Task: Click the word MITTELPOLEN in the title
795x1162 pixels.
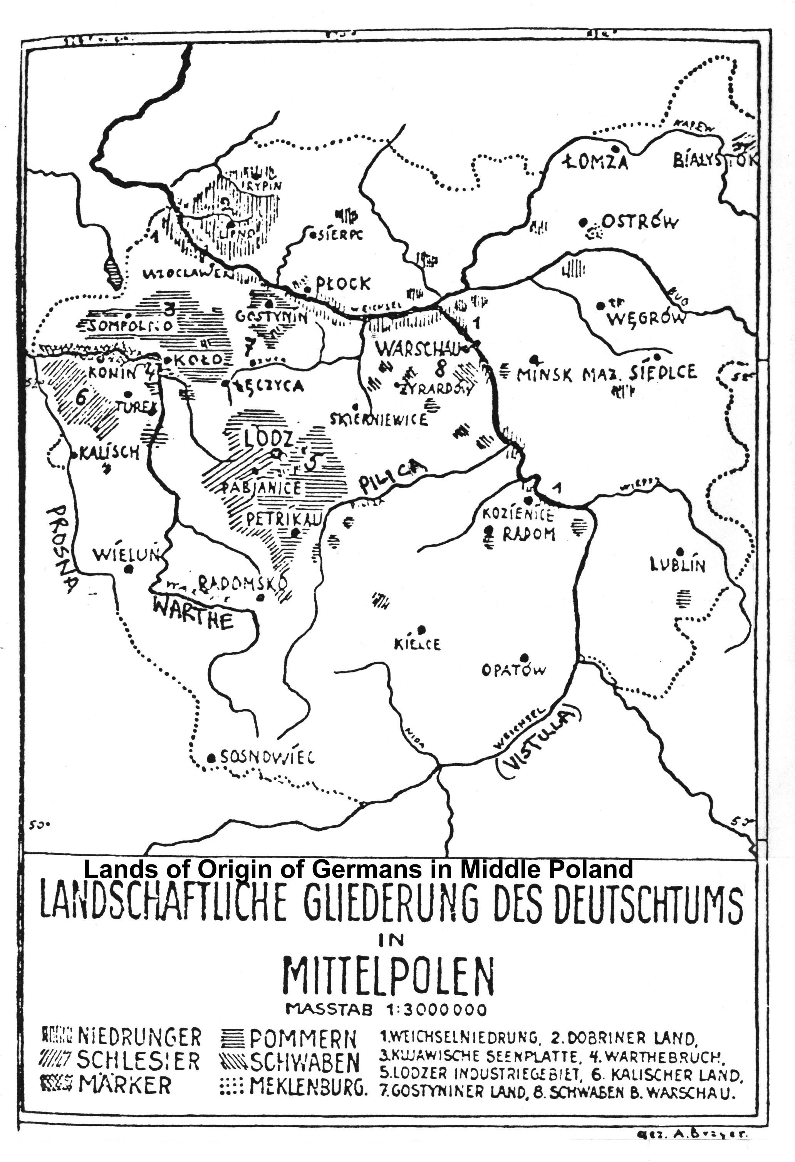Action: tap(388, 976)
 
